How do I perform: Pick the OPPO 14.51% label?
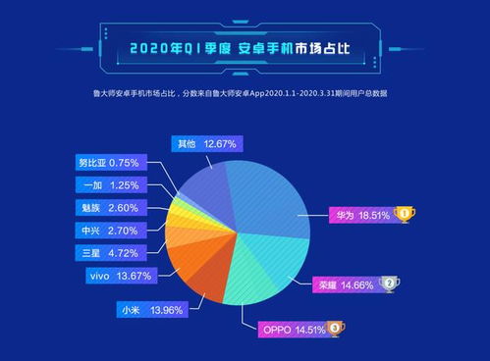click(291, 329)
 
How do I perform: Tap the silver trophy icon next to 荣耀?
click(390, 284)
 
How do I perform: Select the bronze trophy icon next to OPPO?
click(336, 329)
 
